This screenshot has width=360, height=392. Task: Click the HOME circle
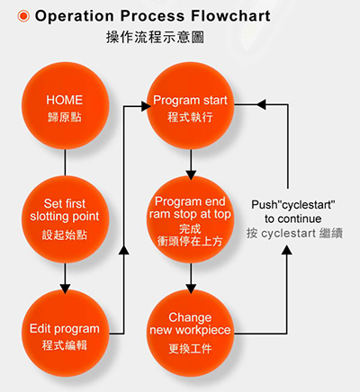(x=65, y=105)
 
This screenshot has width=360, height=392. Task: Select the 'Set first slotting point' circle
(x=65, y=219)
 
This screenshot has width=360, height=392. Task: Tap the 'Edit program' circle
(x=65, y=334)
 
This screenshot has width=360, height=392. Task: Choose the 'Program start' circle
(x=191, y=105)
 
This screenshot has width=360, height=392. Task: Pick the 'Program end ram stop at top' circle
(x=191, y=219)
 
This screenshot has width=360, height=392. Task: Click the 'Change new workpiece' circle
(x=191, y=334)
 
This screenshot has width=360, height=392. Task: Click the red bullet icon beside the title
(x=23, y=16)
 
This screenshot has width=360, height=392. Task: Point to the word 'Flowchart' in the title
(x=230, y=15)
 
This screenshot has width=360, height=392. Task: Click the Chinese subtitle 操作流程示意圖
(x=155, y=37)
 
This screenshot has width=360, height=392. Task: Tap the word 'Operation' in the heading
(x=75, y=16)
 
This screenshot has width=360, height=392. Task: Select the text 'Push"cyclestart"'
(x=293, y=205)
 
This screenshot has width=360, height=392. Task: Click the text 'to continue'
(x=293, y=218)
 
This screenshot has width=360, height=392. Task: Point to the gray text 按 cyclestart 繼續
(x=294, y=233)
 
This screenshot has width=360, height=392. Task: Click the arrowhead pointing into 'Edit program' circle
(x=65, y=289)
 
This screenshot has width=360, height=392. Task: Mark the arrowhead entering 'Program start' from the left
(x=146, y=106)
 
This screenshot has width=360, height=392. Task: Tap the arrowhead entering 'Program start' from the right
(x=261, y=104)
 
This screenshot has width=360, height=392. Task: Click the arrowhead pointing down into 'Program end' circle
(x=191, y=174)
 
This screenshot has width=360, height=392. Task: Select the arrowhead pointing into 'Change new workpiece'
(x=191, y=289)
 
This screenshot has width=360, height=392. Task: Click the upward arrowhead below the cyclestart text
(x=287, y=250)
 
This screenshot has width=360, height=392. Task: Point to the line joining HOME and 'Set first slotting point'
(x=65, y=163)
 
